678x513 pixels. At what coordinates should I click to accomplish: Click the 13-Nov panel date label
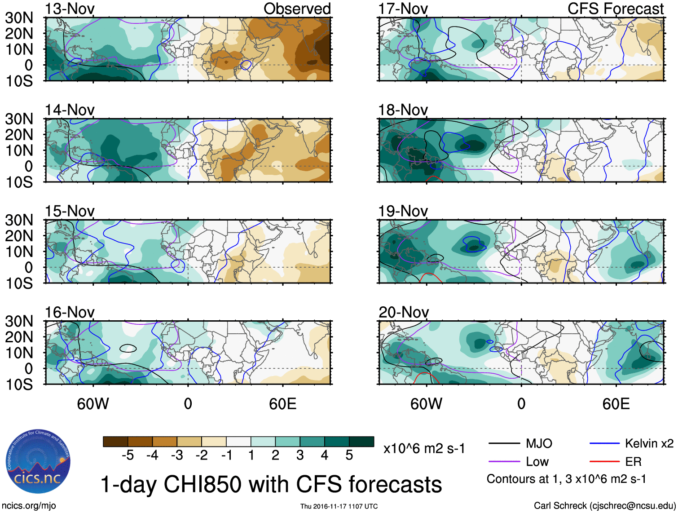[70, 9]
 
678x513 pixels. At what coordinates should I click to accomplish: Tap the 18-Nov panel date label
[403, 110]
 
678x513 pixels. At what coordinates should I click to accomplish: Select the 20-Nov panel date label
[403, 312]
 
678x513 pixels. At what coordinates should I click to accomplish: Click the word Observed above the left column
[297, 9]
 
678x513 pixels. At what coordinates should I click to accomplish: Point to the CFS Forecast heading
[615, 9]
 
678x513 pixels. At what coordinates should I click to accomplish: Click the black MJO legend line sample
[504, 444]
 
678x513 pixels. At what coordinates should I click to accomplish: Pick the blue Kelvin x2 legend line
[604, 444]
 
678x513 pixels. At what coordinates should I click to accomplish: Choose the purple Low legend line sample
[504, 462]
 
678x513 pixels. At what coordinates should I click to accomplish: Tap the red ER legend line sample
[604, 462]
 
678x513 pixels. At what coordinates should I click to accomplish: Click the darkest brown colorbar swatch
[115, 442]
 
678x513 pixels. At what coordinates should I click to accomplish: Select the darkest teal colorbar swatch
[361, 442]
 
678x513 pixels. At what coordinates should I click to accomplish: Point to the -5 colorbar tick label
[128, 456]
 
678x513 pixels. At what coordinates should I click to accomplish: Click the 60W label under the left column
[93, 404]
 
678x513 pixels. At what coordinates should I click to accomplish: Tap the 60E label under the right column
[616, 404]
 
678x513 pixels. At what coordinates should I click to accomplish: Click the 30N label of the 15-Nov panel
[19, 220]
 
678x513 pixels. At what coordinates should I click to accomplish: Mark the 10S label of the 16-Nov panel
[19, 385]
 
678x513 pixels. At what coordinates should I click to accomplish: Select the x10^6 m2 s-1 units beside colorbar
[424, 448]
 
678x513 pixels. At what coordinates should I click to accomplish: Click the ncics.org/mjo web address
[29, 506]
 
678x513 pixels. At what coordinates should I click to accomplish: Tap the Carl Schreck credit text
[604, 506]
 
